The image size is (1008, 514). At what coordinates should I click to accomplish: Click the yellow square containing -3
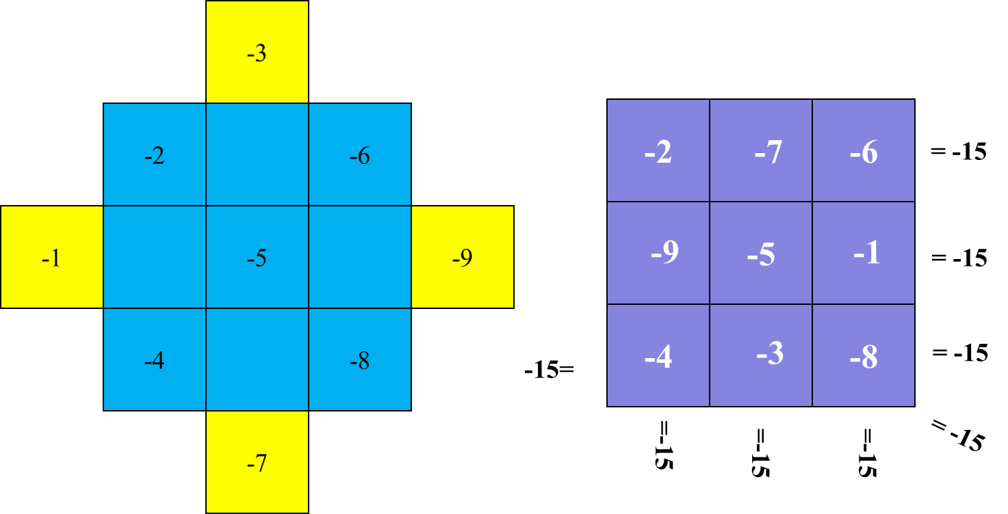[x=257, y=52]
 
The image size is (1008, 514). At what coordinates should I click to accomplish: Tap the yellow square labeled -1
[x=52, y=257]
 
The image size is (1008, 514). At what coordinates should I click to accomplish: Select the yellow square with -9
[x=463, y=257]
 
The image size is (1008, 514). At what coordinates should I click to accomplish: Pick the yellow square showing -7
[x=257, y=462]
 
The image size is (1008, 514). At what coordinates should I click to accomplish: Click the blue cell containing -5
[x=257, y=257]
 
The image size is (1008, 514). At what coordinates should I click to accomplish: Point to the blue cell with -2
[x=155, y=154]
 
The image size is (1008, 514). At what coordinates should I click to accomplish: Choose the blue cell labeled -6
[x=360, y=154]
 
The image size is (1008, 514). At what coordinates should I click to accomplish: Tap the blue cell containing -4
[x=155, y=360]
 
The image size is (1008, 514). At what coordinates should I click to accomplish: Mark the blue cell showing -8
[x=360, y=360]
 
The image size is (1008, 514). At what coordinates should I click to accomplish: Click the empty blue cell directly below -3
[x=257, y=154]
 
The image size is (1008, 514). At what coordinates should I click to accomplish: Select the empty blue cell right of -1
[x=155, y=257]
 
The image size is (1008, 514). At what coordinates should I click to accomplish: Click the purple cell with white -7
[x=761, y=150]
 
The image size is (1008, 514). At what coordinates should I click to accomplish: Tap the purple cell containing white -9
[x=658, y=253]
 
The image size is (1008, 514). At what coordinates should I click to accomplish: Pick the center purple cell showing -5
[x=761, y=253]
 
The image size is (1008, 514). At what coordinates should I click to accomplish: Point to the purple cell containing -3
[x=761, y=356]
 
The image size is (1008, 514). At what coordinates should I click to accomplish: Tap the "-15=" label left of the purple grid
[x=549, y=370]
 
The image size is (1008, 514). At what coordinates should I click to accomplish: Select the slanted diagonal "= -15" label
[x=957, y=435]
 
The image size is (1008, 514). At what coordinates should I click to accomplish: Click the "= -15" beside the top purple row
[x=959, y=152]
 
